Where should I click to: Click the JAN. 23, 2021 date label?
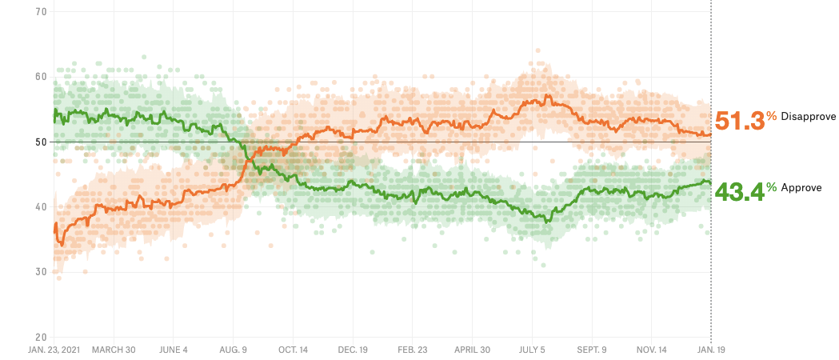click(53, 350)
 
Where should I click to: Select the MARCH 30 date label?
click(114, 350)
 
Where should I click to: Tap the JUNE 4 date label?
click(173, 350)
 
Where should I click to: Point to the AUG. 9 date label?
click(233, 350)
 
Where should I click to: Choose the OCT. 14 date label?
click(293, 350)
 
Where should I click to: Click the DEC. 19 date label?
click(353, 350)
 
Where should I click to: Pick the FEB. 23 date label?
click(413, 350)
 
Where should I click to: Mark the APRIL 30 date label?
click(473, 350)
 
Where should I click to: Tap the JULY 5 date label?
click(532, 350)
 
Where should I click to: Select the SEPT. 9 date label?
click(592, 350)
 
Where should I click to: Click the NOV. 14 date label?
click(652, 350)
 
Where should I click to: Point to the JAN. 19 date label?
click(710, 350)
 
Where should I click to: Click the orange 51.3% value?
click(740, 121)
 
